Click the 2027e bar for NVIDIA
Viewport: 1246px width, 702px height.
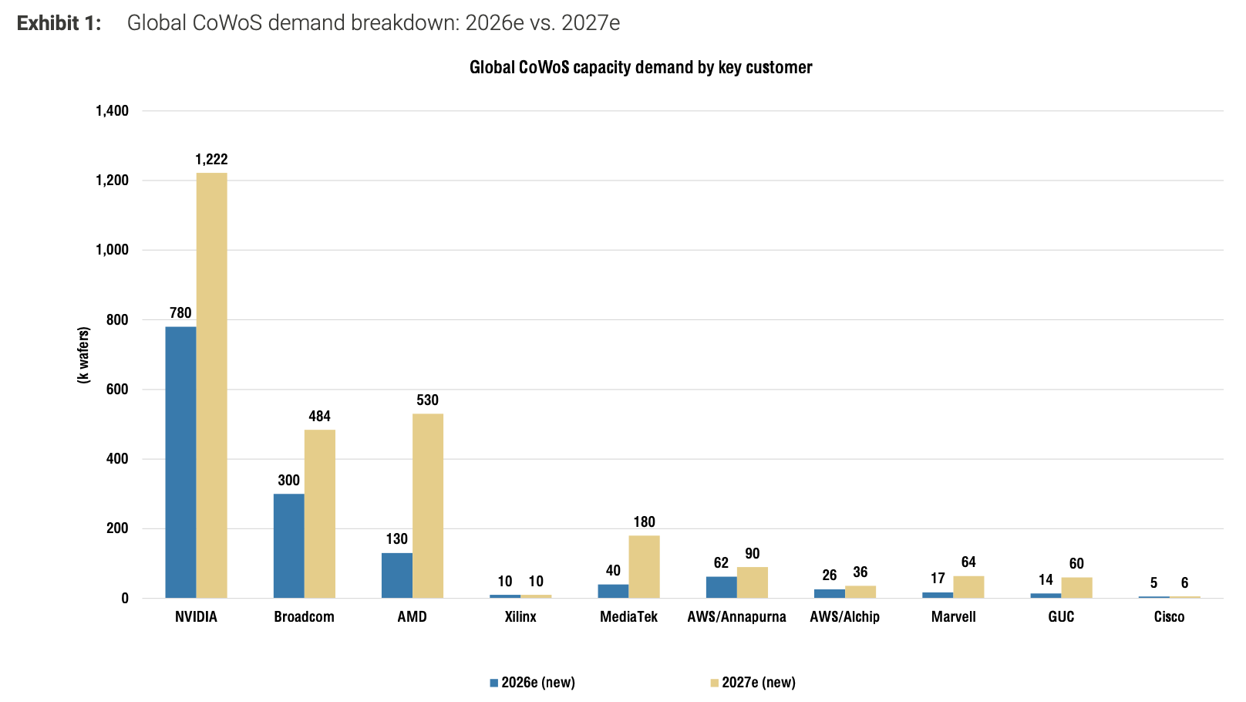tap(211, 385)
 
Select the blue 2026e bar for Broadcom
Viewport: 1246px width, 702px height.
tap(288, 546)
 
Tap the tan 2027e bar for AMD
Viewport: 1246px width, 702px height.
tap(428, 506)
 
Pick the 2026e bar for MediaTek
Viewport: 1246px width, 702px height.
tap(613, 591)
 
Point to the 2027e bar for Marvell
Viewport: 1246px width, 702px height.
tap(968, 587)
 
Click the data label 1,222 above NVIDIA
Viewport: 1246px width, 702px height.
tap(211, 159)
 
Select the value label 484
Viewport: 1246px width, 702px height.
tap(319, 416)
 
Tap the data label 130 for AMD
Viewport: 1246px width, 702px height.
tap(396, 539)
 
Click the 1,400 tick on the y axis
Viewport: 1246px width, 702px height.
tap(112, 111)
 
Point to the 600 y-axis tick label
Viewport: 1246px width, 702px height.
tap(117, 389)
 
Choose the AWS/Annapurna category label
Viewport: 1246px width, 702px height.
tap(736, 617)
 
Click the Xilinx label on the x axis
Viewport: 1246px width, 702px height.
tap(520, 617)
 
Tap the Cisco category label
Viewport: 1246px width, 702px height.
tap(1169, 617)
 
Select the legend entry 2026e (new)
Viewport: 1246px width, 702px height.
tap(532, 683)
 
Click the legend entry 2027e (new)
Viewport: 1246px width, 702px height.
tap(753, 683)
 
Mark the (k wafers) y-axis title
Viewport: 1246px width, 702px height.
tap(83, 355)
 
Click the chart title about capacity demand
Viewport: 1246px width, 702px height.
tap(641, 67)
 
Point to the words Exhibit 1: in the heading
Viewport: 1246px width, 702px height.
tap(59, 23)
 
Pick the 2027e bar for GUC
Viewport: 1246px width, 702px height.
tap(1076, 588)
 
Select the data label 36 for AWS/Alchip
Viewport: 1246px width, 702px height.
tap(860, 572)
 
